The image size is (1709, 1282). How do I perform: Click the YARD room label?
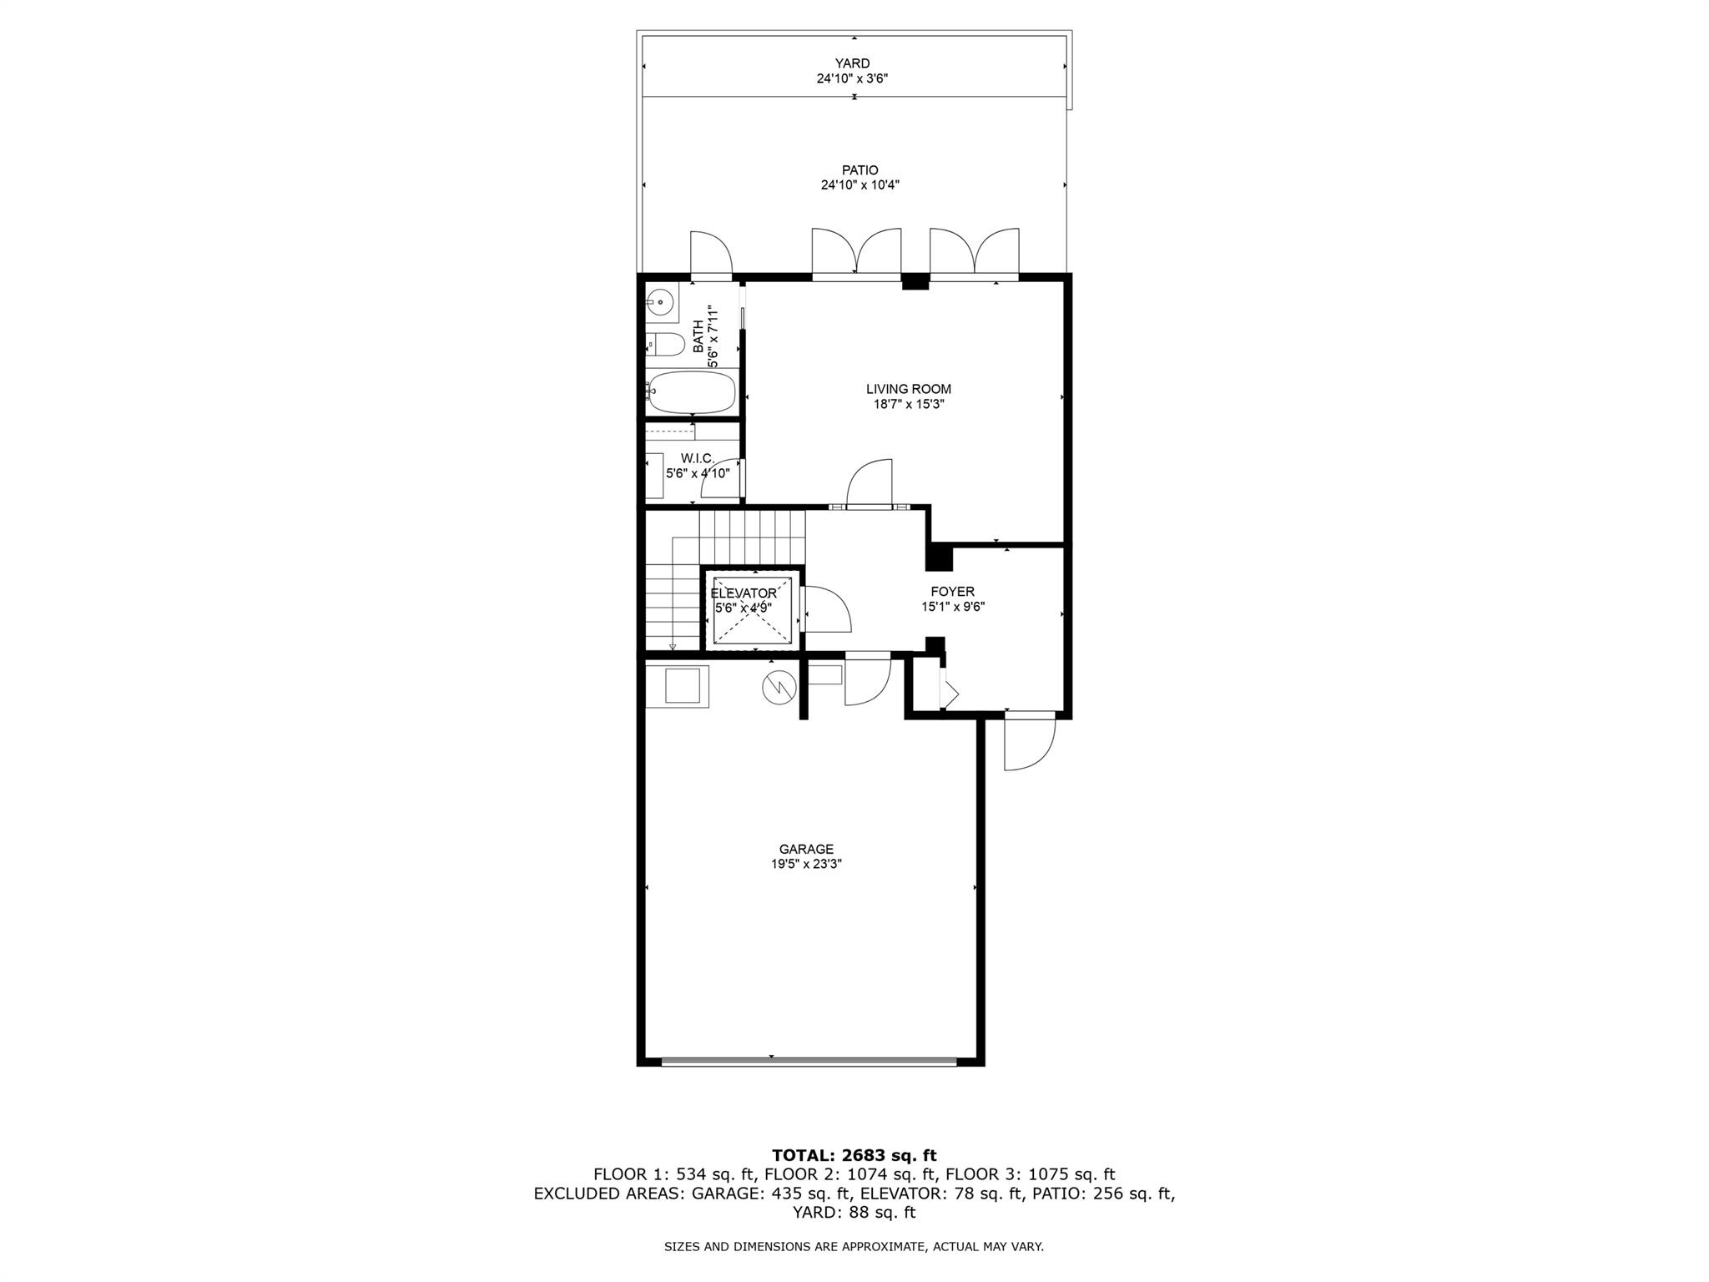click(x=852, y=63)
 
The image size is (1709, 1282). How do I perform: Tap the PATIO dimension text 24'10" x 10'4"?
click(x=860, y=185)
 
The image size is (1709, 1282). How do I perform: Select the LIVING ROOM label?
click(x=908, y=389)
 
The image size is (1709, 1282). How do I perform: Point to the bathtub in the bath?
click(x=692, y=392)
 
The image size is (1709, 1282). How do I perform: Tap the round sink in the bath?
click(x=660, y=300)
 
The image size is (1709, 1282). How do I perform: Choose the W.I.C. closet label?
click(x=698, y=458)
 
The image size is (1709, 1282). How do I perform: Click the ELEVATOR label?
click(x=743, y=593)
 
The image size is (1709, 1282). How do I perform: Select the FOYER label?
click(x=953, y=592)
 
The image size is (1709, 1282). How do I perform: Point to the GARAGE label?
click(x=806, y=850)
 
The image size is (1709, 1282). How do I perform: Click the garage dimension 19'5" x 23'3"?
click(x=806, y=865)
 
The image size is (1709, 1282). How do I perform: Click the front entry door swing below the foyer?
click(x=1030, y=743)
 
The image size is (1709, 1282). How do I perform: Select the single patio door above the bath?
click(x=711, y=253)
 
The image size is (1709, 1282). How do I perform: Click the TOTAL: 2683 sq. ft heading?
click(x=854, y=1155)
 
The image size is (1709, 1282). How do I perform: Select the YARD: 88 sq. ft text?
click(x=854, y=1212)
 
